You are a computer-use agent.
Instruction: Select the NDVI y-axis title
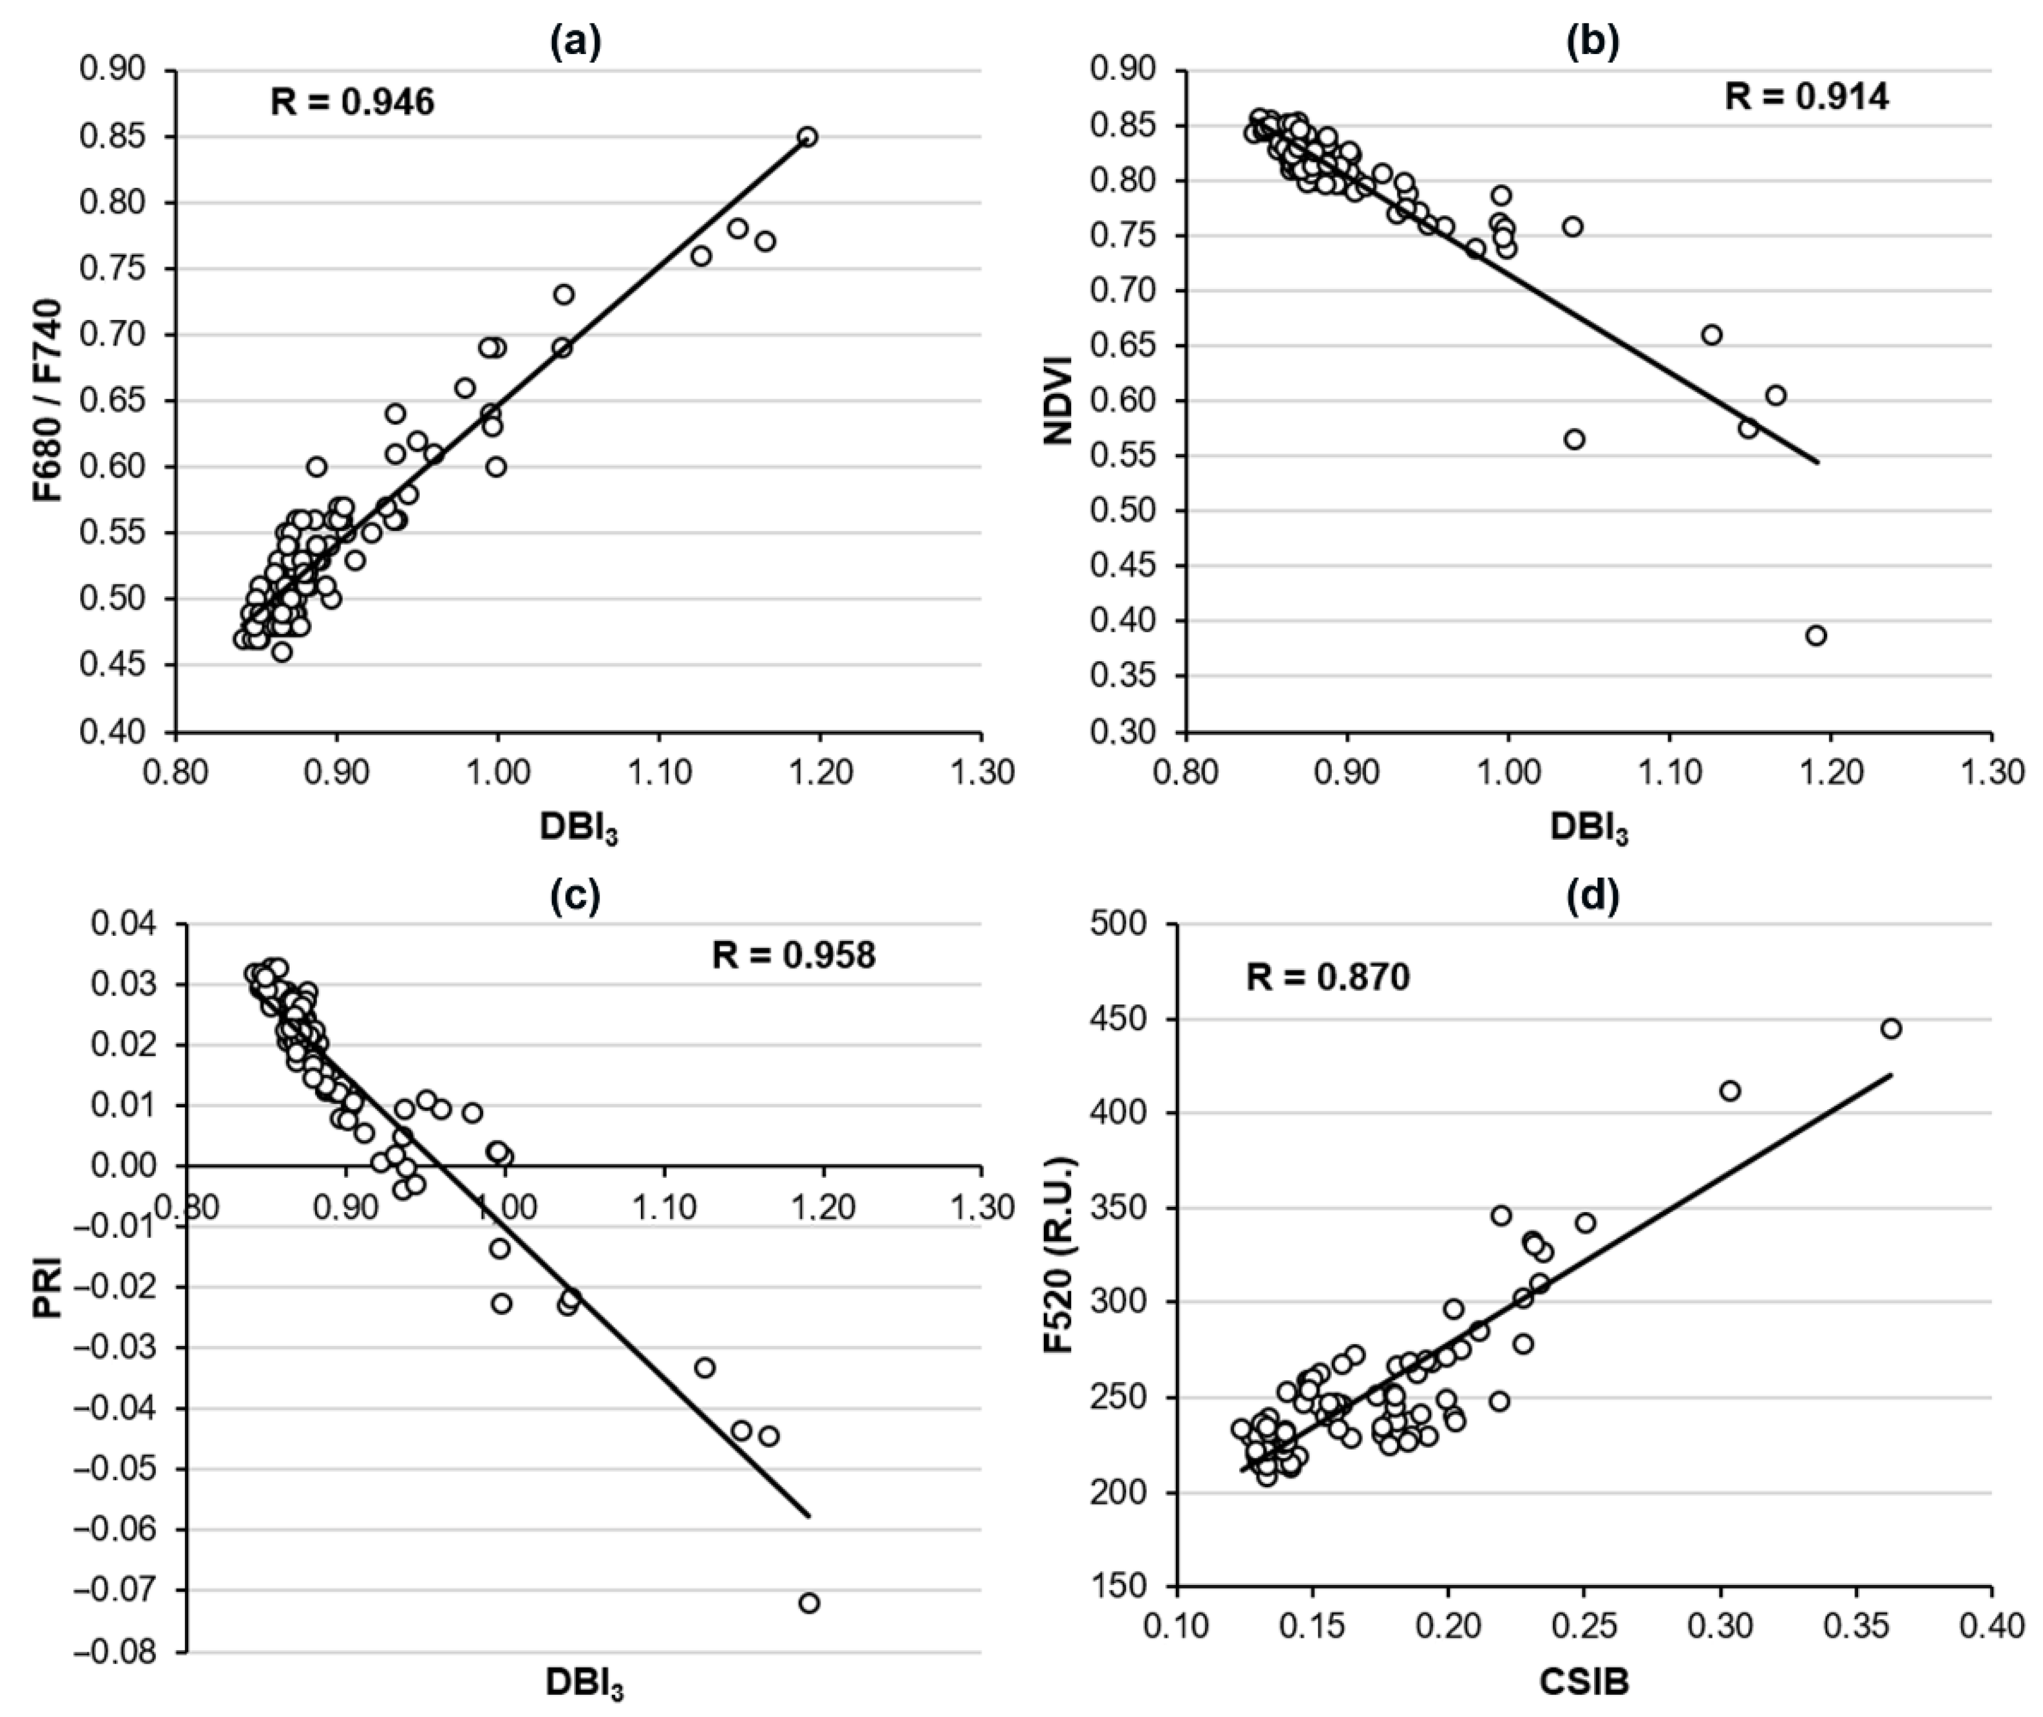coord(1057,400)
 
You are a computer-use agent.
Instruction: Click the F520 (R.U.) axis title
coord(1057,1256)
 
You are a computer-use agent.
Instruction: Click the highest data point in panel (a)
coord(807,136)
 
